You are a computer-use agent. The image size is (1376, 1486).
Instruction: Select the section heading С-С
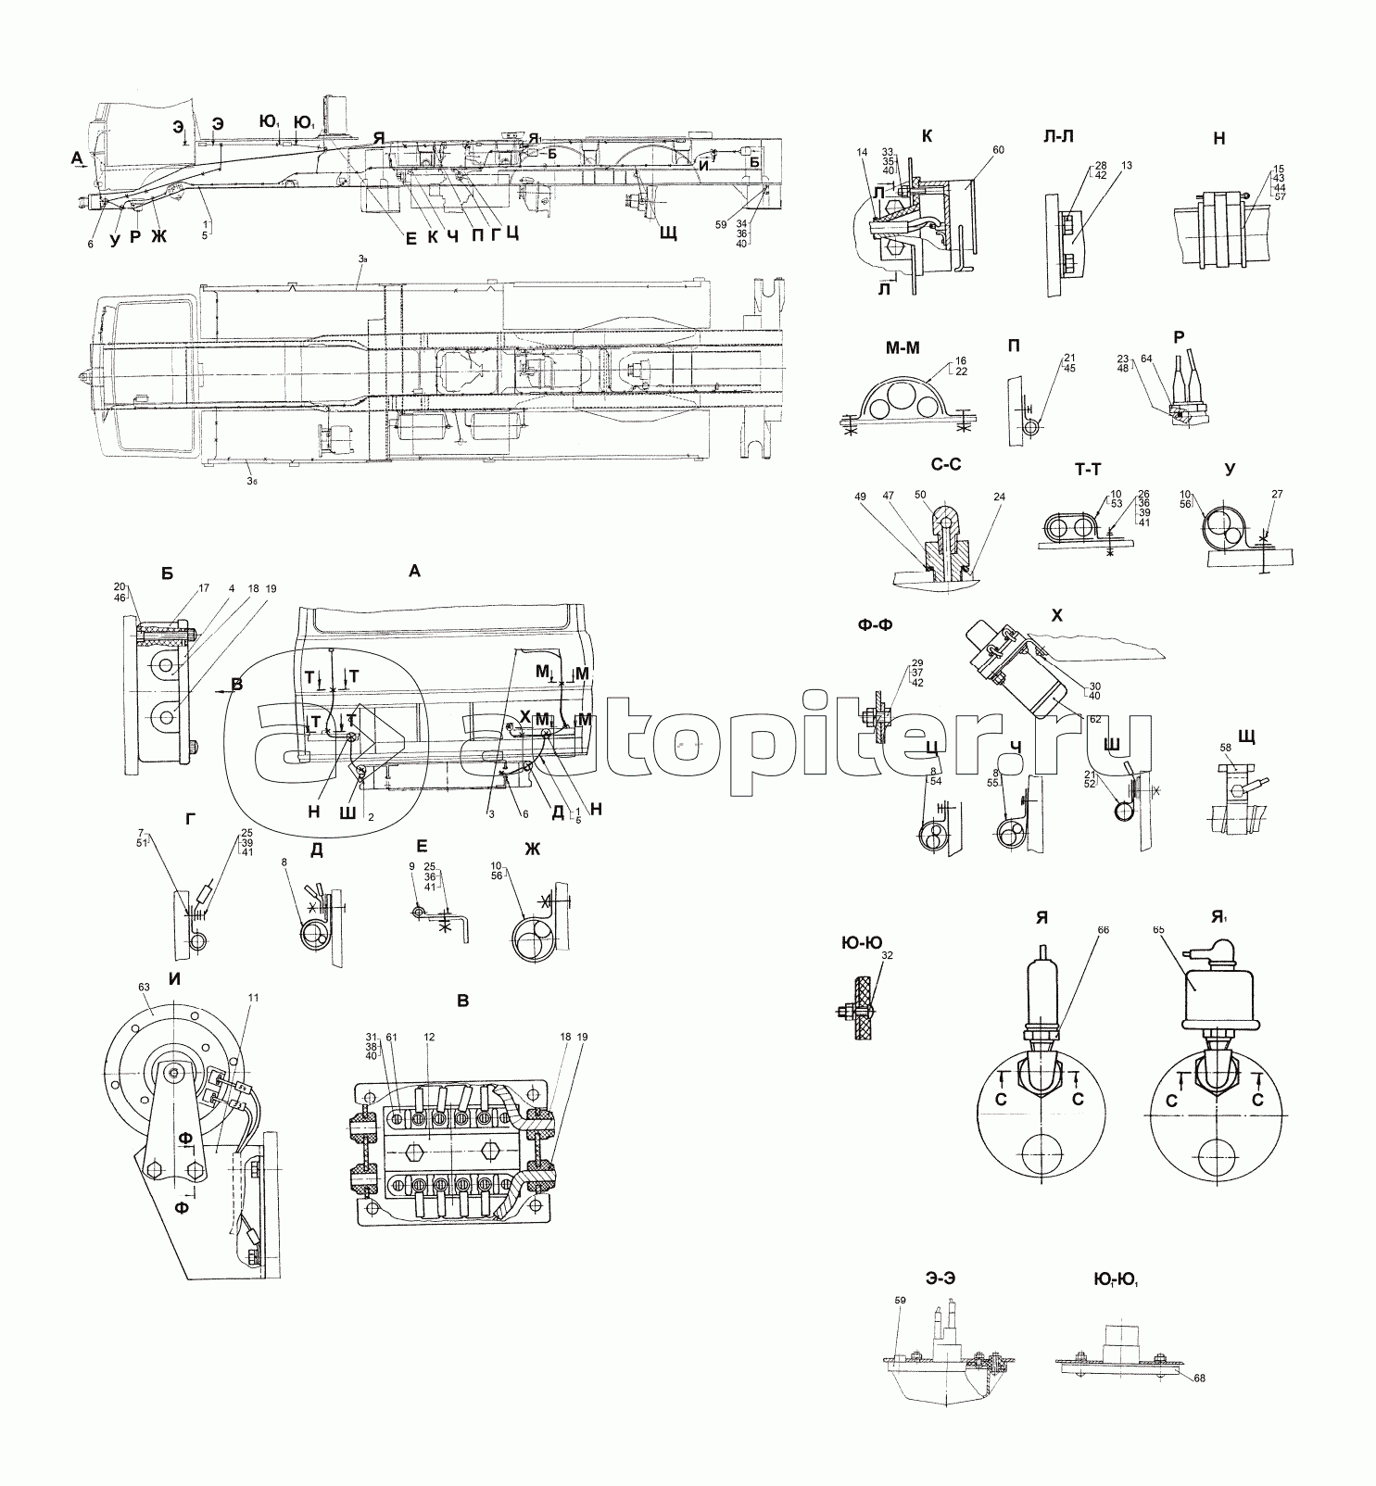click(939, 465)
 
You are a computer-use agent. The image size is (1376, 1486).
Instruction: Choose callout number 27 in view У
click(1277, 494)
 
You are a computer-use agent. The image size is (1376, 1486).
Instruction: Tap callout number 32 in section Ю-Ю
click(889, 954)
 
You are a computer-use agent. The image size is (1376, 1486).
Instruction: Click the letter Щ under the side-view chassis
click(668, 233)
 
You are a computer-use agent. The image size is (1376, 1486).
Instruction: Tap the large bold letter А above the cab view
click(414, 572)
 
